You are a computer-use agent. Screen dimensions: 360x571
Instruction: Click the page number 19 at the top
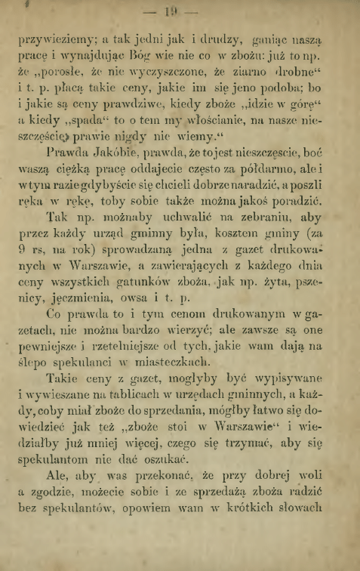point(179,11)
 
